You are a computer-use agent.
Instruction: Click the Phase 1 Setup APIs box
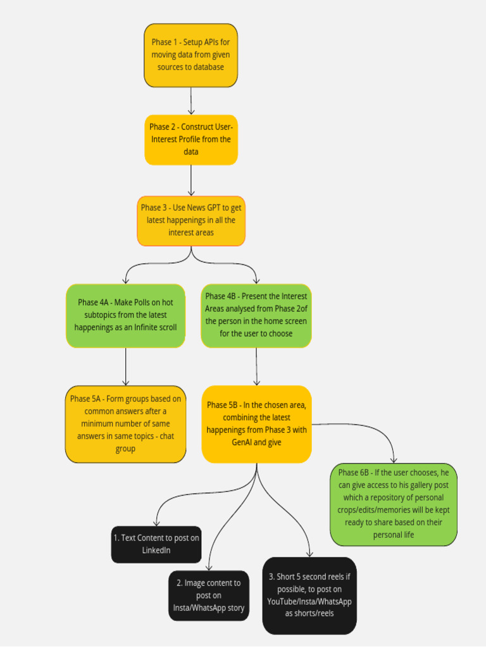tap(190, 55)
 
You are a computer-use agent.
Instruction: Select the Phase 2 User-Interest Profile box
tap(190, 139)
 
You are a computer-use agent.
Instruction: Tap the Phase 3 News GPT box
tap(190, 220)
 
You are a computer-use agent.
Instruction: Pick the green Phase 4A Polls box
tap(125, 315)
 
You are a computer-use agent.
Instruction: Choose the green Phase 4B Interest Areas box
tap(256, 315)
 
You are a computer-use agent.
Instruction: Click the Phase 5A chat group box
tap(125, 423)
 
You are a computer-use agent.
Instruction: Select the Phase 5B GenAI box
tap(256, 423)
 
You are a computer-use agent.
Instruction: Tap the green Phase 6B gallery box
tap(393, 504)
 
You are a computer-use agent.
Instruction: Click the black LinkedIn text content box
tap(156, 544)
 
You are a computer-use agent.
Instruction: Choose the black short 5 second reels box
tap(309, 595)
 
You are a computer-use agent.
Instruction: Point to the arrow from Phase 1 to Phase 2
tap(190, 101)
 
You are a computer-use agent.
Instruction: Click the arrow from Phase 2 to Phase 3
tap(190, 180)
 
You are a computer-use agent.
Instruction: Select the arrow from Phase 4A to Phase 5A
tap(125, 366)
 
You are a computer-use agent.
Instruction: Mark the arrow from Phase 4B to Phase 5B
tap(256, 366)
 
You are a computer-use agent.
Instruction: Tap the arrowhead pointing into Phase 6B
tap(394, 459)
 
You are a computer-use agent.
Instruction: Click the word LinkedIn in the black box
tap(156, 551)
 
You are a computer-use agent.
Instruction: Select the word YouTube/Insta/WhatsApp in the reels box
tap(309, 601)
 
